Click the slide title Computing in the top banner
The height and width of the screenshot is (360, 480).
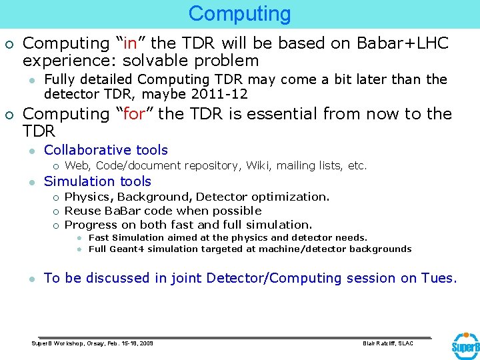(239, 13)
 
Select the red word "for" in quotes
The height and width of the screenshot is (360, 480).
(134, 114)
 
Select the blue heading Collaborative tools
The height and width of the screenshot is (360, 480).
(106, 150)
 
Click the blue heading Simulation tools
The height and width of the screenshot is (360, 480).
(97, 181)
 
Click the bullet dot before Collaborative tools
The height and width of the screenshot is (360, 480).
(31, 151)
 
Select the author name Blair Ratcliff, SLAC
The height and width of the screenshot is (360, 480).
(387, 343)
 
